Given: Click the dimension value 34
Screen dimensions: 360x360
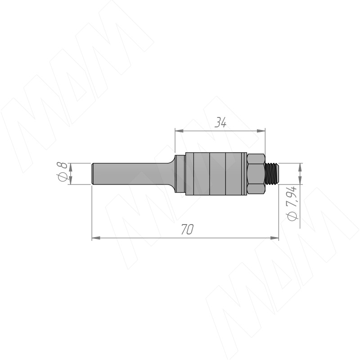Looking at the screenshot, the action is click(220, 123).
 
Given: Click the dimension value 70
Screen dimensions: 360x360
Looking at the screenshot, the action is click(187, 229).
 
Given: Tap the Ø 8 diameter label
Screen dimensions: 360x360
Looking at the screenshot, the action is click(62, 171).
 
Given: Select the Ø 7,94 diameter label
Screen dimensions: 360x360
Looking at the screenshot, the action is click(292, 204).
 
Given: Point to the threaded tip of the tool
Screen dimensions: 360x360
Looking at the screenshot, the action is click(272, 174).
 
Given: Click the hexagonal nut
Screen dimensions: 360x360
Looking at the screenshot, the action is click(256, 174).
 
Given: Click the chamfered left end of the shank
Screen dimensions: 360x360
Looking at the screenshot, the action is click(93, 174).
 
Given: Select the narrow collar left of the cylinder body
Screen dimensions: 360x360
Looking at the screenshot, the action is click(180, 174).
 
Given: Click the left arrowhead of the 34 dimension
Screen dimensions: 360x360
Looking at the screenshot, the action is click(179, 131).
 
